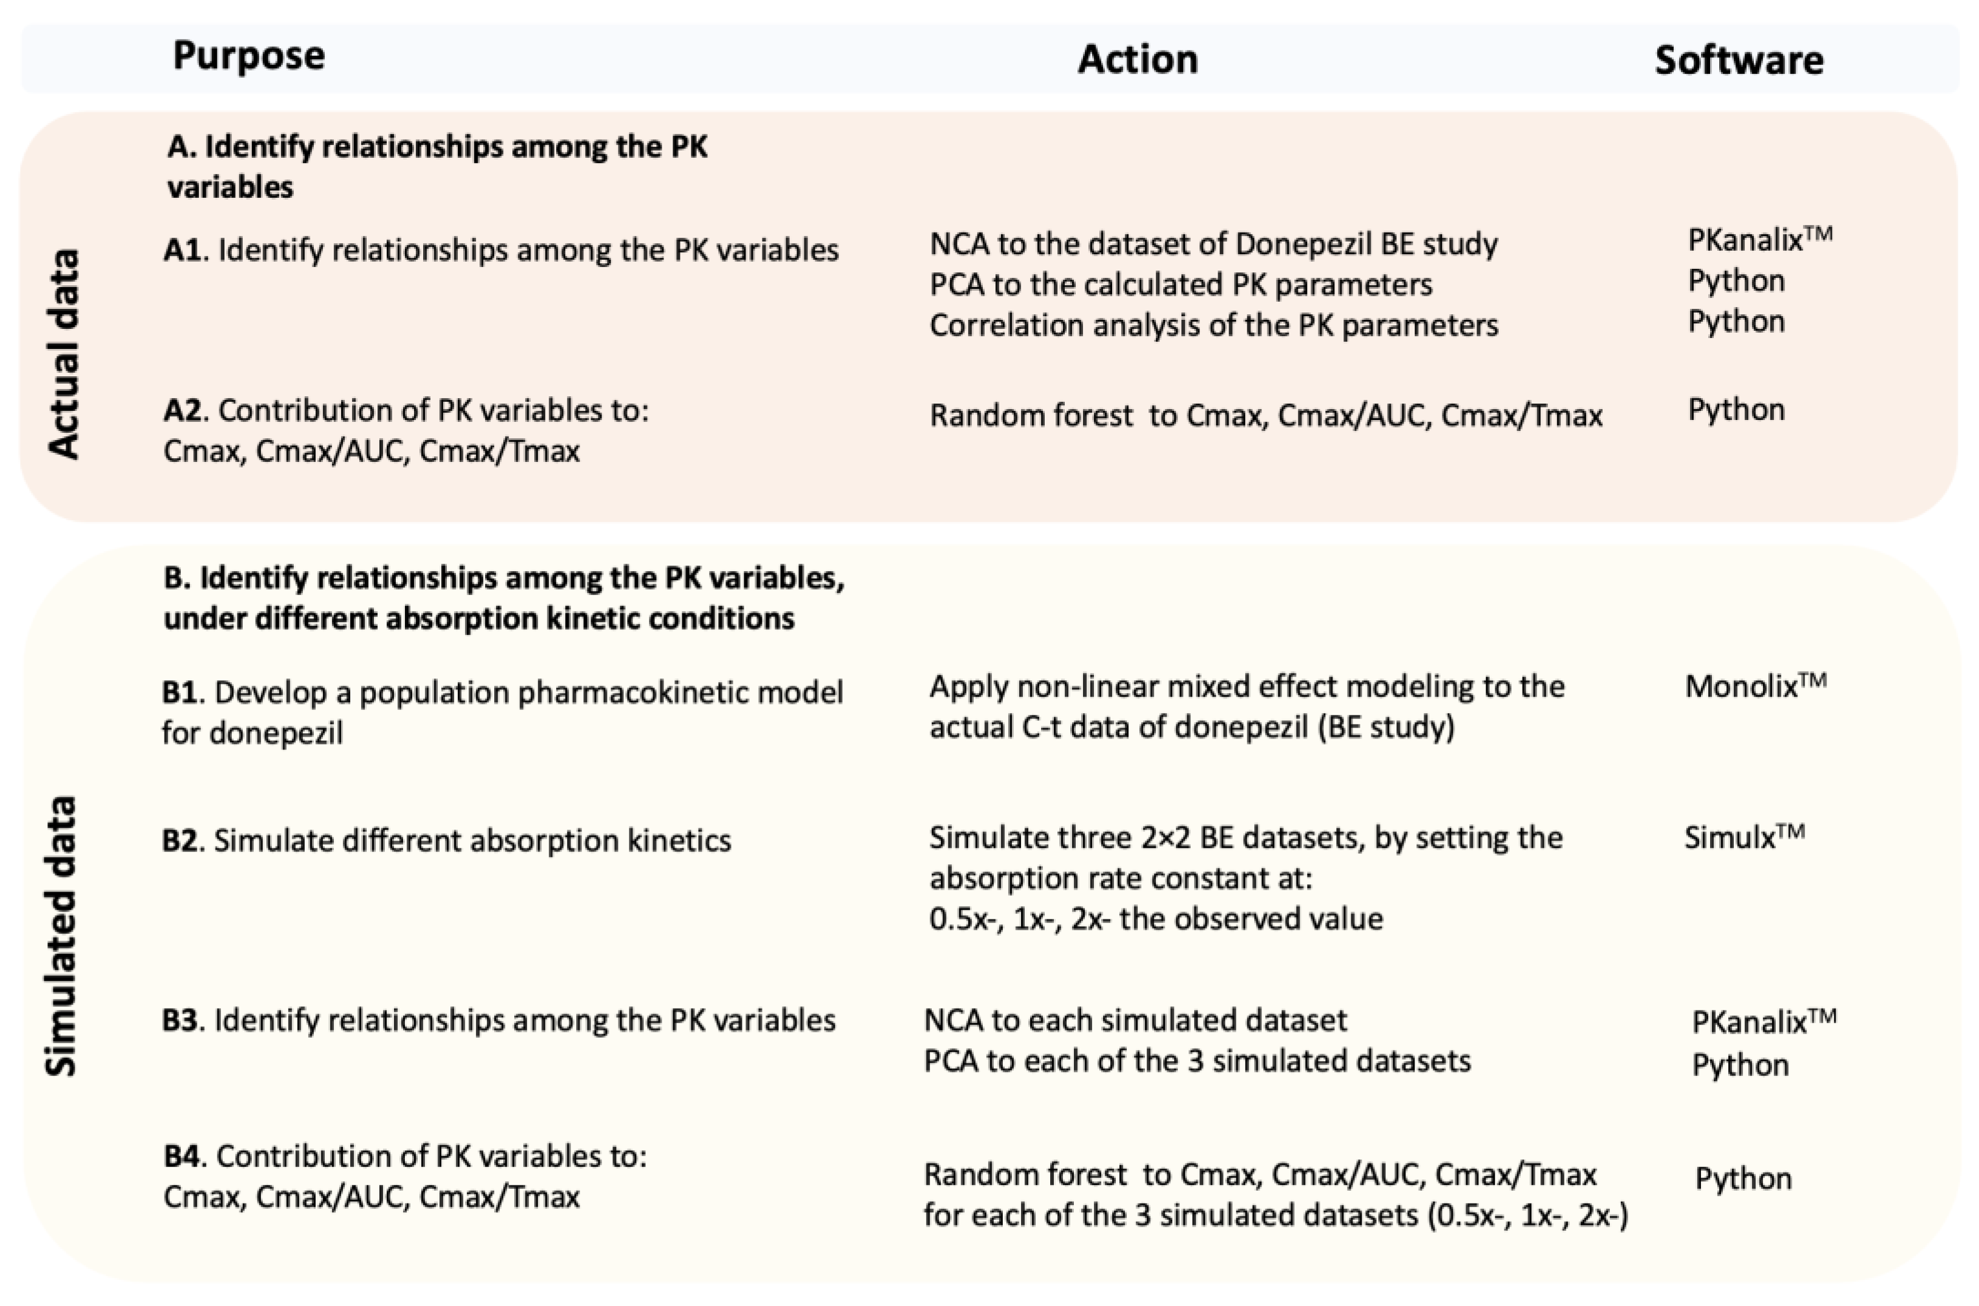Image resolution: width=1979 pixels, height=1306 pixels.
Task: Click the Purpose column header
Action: click(x=248, y=56)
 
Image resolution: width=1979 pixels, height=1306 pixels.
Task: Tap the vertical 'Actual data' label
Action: click(x=63, y=353)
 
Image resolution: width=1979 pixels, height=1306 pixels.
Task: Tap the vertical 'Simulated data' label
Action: click(x=60, y=936)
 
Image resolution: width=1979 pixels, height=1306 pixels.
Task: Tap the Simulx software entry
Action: click(x=1743, y=837)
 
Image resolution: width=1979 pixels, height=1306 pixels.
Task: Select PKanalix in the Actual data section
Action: click(x=1759, y=240)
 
